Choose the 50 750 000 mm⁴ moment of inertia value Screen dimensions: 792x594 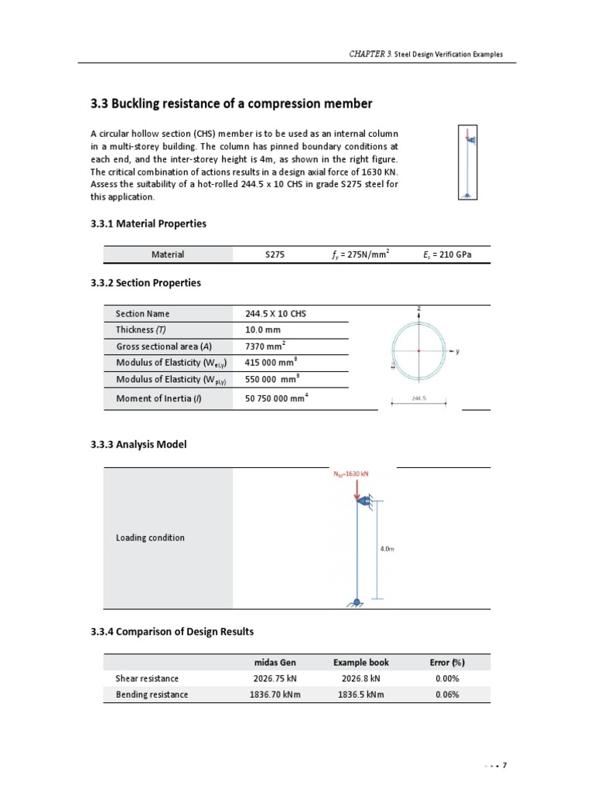coord(282,398)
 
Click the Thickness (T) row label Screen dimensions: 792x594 coord(139,329)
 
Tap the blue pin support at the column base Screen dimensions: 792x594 coord(356,603)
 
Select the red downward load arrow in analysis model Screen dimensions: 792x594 coord(356,489)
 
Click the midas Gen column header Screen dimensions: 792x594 coord(275,663)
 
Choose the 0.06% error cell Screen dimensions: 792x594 coord(447,695)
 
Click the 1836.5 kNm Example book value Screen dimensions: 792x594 coord(360,695)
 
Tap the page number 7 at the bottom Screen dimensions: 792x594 coord(504,766)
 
